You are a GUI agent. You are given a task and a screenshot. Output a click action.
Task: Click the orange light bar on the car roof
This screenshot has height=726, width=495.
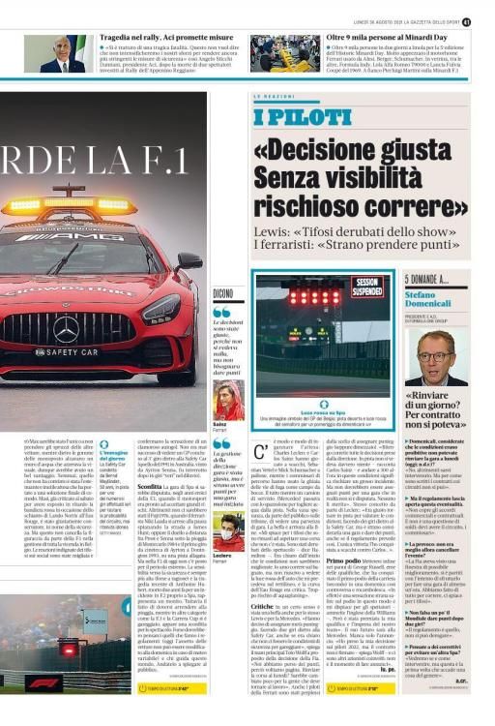tap(70, 205)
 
